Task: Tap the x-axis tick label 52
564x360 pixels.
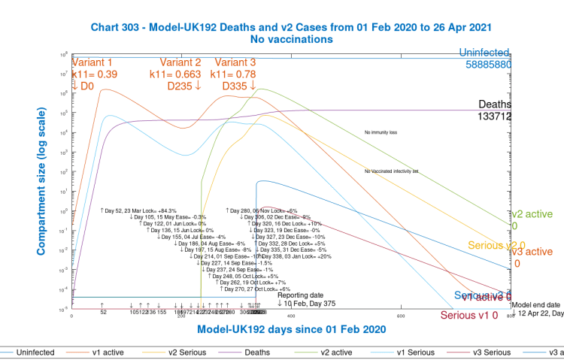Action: [x=102, y=312]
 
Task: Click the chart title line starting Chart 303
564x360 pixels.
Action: [x=292, y=26]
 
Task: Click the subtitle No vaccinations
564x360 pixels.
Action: [x=292, y=38]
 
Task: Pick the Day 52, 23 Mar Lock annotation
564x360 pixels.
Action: [x=138, y=210]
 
